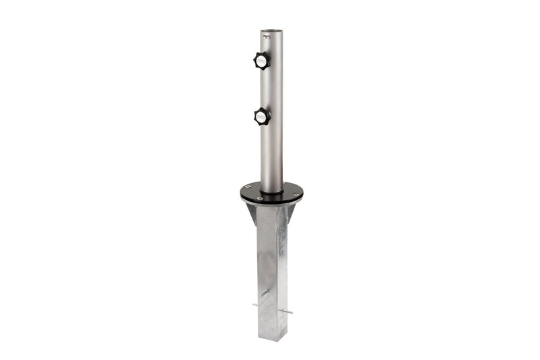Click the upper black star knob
tap(262, 60)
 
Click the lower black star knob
tap(262, 116)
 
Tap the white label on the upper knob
tap(260, 61)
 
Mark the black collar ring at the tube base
tap(271, 192)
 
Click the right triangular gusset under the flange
tap(290, 215)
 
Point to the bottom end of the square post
tap(271, 338)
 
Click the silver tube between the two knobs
tap(271, 88)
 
